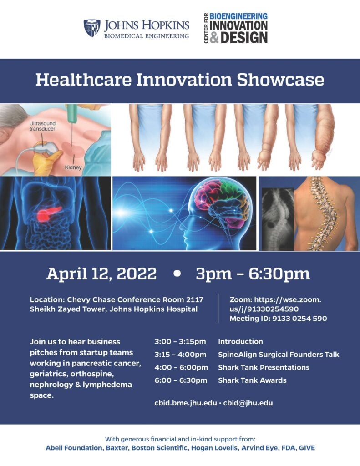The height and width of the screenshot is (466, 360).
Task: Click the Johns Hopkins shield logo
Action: tap(92, 28)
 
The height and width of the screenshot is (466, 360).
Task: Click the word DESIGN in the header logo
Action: tap(244, 38)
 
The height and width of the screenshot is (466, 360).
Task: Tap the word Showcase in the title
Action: tap(280, 80)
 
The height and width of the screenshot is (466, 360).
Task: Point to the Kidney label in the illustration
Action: tap(73, 167)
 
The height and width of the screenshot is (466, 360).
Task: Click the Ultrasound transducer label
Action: tap(42, 126)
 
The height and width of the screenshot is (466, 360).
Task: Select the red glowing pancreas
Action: tap(49, 213)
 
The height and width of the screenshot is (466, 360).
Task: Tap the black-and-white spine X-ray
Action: tap(278, 219)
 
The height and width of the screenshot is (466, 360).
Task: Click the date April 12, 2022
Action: tap(101, 274)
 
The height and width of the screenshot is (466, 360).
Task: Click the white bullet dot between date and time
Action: tap(177, 274)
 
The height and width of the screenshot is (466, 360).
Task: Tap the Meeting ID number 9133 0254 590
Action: tap(299, 319)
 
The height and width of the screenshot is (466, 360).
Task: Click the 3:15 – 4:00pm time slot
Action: tap(180, 354)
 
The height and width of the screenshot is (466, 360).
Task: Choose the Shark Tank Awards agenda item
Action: tap(253, 380)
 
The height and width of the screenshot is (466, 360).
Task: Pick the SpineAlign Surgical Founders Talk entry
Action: tap(279, 354)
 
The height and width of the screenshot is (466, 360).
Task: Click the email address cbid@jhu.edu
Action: tap(248, 403)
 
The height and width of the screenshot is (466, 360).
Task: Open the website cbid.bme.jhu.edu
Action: tap(186, 403)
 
